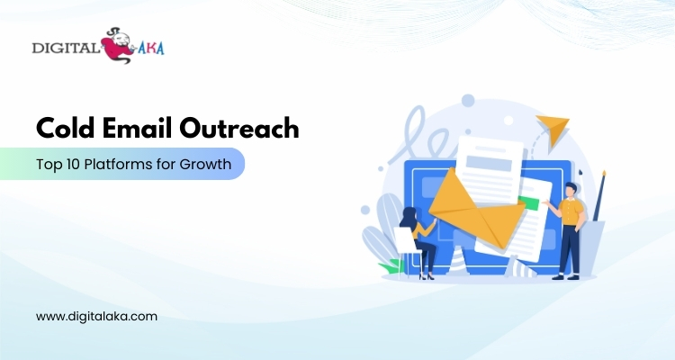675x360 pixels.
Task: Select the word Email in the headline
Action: (137, 128)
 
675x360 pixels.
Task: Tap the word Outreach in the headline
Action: (238, 128)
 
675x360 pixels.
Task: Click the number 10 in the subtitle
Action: (73, 164)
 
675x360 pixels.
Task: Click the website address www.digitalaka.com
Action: (96, 317)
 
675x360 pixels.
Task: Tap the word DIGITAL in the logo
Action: (65, 48)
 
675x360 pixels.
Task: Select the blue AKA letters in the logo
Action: (151, 49)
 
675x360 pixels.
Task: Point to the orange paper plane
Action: (553, 129)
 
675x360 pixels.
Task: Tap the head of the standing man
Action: (571, 190)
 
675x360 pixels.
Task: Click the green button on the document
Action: (529, 203)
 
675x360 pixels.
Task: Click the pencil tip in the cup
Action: (605, 174)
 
